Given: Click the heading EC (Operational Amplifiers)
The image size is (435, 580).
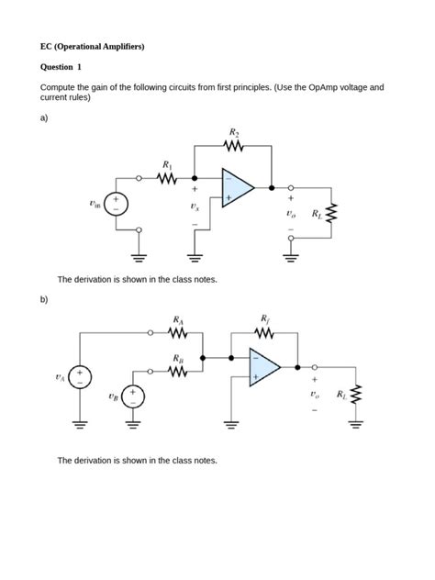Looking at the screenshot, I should [x=92, y=45].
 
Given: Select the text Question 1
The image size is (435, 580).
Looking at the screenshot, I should [x=61, y=67].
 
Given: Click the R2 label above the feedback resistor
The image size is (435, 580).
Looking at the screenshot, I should [x=234, y=134].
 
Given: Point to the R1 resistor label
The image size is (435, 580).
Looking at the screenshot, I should [x=166, y=165].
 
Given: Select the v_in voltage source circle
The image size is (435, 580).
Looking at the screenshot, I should [x=116, y=203].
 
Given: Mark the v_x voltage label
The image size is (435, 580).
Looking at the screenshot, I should [x=194, y=207].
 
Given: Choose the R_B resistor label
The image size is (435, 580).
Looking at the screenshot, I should [x=177, y=359].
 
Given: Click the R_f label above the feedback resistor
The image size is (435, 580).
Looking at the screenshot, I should [x=265, y=318].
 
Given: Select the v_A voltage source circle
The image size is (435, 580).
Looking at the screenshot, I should [x=81, y=376].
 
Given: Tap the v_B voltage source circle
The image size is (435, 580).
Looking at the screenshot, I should [x=132, y=396].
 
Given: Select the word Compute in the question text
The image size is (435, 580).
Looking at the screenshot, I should [x=61, y=88].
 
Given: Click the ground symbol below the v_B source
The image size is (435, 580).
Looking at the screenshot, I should [x=132, y=425].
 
